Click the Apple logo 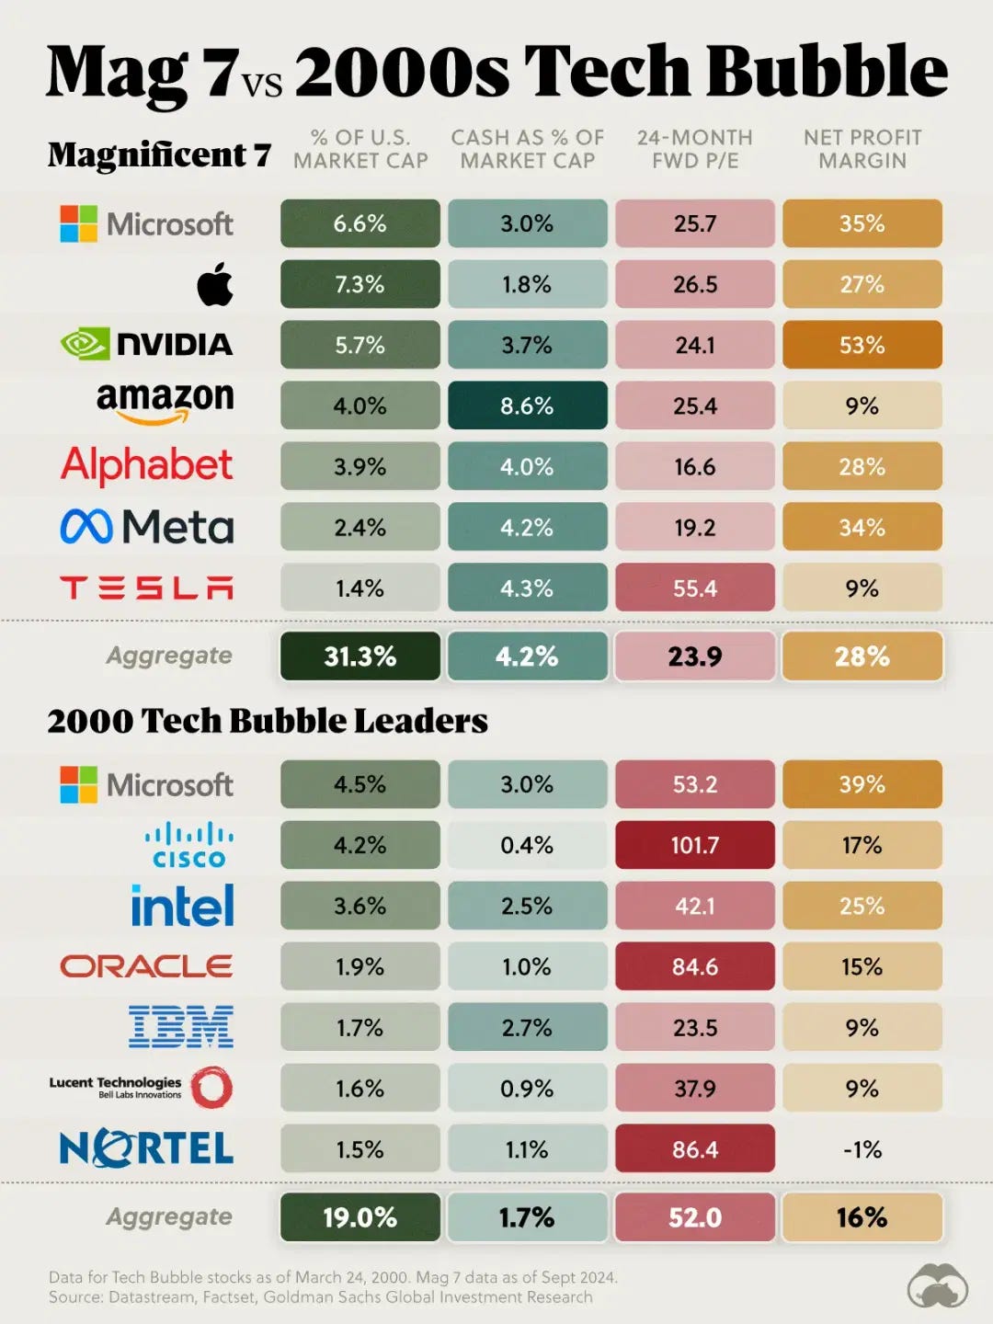coord(215,283)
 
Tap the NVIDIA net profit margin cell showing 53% coord(862,345)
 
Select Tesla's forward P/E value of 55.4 coord(694,588)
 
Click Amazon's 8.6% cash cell coord(527,405)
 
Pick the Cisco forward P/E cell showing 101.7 coord(694,845)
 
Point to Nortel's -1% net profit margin coord(862,1149)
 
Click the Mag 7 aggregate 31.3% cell coord(360,656)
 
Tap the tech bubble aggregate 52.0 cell coord(694,1217)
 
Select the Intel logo coord(182,906)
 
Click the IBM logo coord(181,1027)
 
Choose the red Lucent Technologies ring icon coord(211,1088)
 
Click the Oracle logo coord(146,966)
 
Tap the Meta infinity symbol coord(86,527)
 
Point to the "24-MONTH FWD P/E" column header coord(694,149)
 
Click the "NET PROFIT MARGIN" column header coord(862,149)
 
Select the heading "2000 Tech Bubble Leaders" coord(268,721)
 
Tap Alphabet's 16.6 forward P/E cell coord(694,466)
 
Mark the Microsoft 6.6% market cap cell coord(360,223)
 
